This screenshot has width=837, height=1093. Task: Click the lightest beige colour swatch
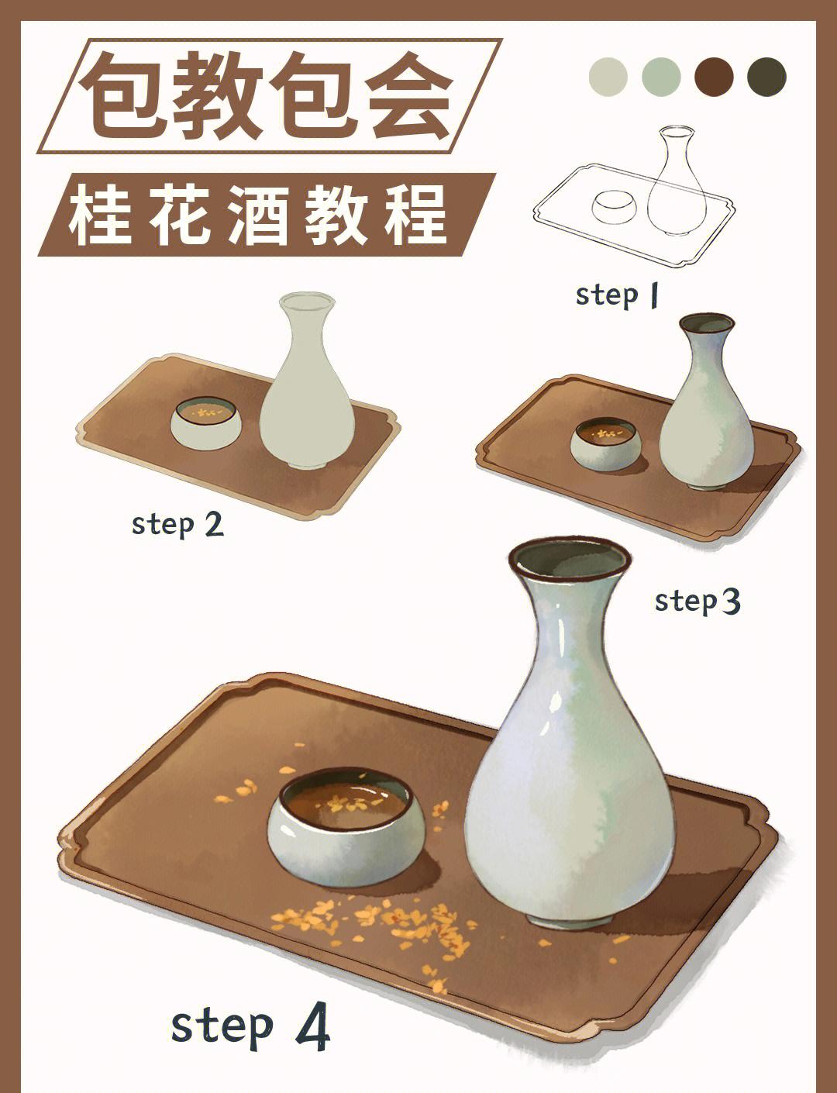pyautogui.click(x=608, y=77)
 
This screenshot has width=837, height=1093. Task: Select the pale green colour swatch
pyautogui.click(x=661, y=77)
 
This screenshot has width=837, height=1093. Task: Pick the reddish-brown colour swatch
pyautogui.click(x=714, y=77)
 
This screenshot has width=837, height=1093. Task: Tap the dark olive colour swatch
pyautogui.click(x=766, y=77)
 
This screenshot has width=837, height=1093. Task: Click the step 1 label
pyautogui.click(x=617, y=295)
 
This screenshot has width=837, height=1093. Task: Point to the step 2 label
pyautogui.click(x=177, y=524)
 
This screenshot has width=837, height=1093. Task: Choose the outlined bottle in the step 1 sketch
pyautogui.click(x=677, y=186)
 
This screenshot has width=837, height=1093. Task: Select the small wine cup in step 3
pyautogui.click(x=605, y=446)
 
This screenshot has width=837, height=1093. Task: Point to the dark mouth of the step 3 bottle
pyautogui.click(x=706, y=322)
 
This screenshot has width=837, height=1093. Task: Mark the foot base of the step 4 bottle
pyautogui.click(x=568, y=918)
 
